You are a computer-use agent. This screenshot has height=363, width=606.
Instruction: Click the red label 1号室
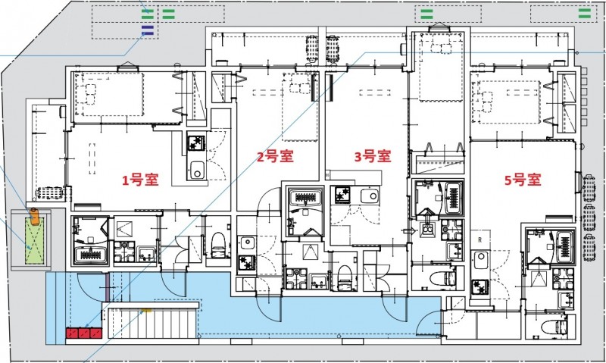(141, 181)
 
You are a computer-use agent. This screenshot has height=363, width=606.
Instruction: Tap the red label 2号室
(274, 157)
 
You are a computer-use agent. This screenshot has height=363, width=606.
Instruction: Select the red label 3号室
(372, 157)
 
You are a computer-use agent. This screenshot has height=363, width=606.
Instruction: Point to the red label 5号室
(523, 180)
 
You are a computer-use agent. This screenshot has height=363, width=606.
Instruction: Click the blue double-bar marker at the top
(148, 30)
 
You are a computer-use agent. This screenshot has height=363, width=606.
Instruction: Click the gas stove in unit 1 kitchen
(195, 142)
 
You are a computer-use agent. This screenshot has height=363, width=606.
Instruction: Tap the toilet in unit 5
(556, 327)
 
